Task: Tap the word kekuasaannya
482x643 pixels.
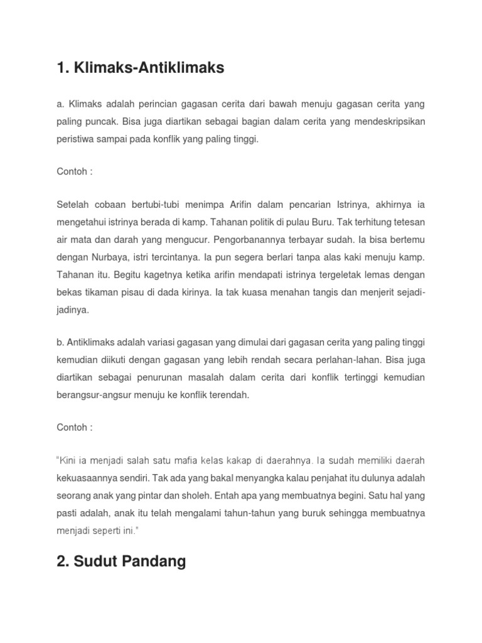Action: tap(89, 478)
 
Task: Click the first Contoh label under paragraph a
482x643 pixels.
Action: tap(74, 171)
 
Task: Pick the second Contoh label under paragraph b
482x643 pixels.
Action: tap(74, 427)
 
